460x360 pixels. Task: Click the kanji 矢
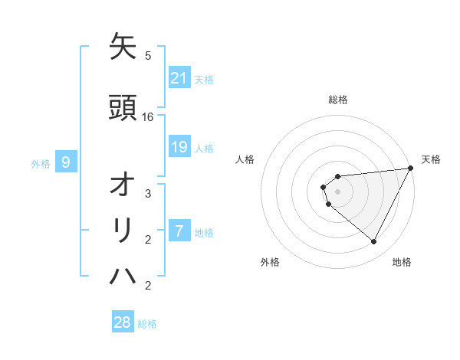pyautogui.click(x=123, y=47)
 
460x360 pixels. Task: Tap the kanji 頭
pyautogui.click(x=123, y=108)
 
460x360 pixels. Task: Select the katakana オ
pyautogui.click(x=123, y=185)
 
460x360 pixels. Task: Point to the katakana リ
pyautogui.click(x=123, y=231)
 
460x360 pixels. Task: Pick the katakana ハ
pyautogui.click(x=123, y=277)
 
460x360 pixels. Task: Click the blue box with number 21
pyautogui.click(x=179, y=77)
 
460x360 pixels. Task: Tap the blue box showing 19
pyautogui.click(x=179, y=147)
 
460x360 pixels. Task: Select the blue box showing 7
pyautogui.click(x=179, y=231)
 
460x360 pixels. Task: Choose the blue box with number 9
pyautogui.click(x=67, y=162)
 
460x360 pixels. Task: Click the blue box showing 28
pyautogui.click(x=123, y=322)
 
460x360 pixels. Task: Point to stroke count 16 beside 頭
pyautogui.click(x=148, y=117)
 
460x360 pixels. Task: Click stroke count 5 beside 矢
pyautogui.click(x=148, y=55)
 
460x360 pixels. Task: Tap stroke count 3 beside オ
pyautogui.click(x=148, y=194)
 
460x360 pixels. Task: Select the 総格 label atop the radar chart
pyautogui.click(x=338, y=100)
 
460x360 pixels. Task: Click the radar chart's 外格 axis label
pyautogui.click(x=270, y=262)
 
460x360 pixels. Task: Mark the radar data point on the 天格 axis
pyautogui.click(x=411, y=168)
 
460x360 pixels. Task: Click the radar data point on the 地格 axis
pyautogui.click(x=374, y=242)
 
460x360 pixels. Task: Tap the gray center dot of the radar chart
pyautogui.click(x=338, y=191)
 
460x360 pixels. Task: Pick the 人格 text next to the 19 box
pyautogui.click(x=204, y=149)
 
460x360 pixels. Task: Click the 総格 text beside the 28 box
pyautogui.click(x=147, y=324)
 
